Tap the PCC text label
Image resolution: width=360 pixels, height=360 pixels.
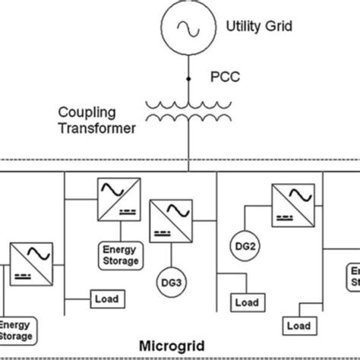[x=223, y=77]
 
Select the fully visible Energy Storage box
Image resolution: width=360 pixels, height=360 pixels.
[x=121, y=254]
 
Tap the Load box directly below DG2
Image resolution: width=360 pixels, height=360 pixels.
[x=246, y=302]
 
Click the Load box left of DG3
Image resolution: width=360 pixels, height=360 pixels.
[x=107, y=297]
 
